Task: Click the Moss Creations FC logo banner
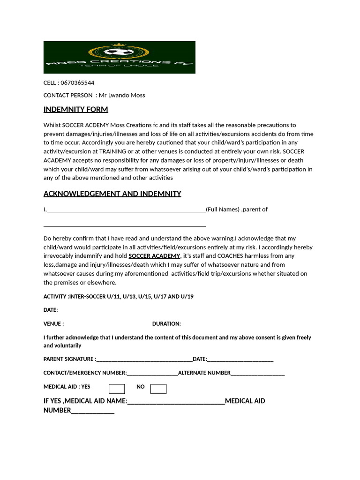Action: (119, 57)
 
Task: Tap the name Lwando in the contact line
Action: (120, 95)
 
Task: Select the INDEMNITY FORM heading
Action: (75, 110)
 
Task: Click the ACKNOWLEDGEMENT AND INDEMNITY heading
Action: (112, 194)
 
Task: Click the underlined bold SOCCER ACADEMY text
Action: (154, 256)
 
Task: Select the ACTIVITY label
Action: (55, 297)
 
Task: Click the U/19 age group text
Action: (186, 297)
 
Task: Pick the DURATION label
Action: (166, 324)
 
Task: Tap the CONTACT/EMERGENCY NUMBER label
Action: (85, 373)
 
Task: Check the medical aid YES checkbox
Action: (117, 389)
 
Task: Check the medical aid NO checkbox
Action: (158, 389)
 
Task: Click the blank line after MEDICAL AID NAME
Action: (176, 402)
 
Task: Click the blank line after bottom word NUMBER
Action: (92, 412)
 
